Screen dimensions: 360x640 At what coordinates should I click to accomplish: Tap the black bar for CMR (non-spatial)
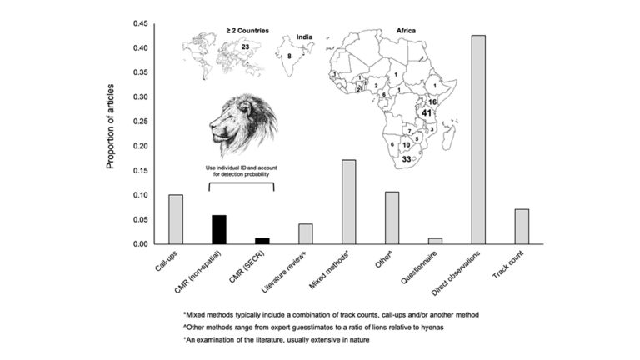pyautogui.click(x=218, y=229)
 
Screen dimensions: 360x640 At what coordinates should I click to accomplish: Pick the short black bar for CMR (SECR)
pyautogui.click(x=262, y=241)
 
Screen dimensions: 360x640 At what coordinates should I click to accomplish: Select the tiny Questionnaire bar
pyautogui.click(x=435, y=241)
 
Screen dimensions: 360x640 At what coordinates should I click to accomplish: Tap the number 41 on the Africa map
pyautogui.click(x=426, y=112)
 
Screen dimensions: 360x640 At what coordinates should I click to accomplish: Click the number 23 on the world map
pyautogui.click(x=245, y=47)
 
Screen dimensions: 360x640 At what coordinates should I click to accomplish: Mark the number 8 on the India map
pyautogui.click(x=289, y=56)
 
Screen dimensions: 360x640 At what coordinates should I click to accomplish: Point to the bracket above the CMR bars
pyautogui.click(x=240, y=183)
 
